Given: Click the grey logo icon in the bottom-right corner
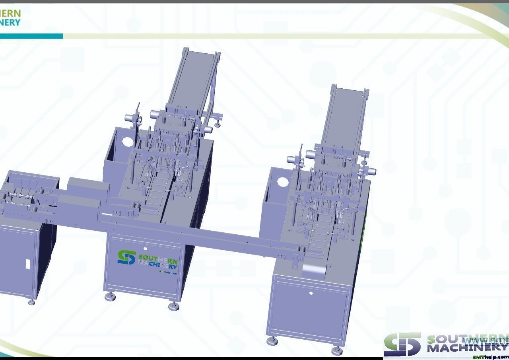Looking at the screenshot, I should pos(402,344).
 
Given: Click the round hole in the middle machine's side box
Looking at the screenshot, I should pos(127,142).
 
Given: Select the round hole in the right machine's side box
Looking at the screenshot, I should pos(283,183).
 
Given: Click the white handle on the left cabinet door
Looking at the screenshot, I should pos(28,263).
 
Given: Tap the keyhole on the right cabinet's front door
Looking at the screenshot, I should pos(311,293).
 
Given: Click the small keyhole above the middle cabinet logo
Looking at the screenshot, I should pos(145,249).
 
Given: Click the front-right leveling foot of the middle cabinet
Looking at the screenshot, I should pos(173,306).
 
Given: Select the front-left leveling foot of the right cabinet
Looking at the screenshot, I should pos(272,341).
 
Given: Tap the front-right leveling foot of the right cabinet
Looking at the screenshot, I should pos(337,350).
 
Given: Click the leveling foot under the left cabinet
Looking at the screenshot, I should pos(31,302).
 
